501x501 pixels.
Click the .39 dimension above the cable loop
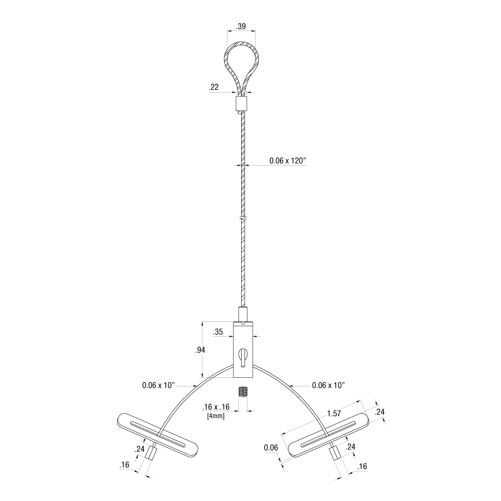(241, 27)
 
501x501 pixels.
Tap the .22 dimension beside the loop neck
(213, 87)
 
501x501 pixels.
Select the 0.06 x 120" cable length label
(288, 161)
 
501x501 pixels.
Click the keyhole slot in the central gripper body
(244, 357)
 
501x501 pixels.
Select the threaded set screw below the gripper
(243, 392)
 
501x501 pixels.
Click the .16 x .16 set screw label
(216, 407)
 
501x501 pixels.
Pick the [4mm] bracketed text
(216, 416)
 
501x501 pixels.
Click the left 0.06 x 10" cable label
(159, 384)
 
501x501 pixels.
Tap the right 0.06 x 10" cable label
(328, 384)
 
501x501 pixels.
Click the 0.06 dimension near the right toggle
(270, 448)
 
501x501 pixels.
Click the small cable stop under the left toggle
(151, 452)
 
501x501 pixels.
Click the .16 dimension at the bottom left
(125, 464)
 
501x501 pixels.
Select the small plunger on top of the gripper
(244, 314)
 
